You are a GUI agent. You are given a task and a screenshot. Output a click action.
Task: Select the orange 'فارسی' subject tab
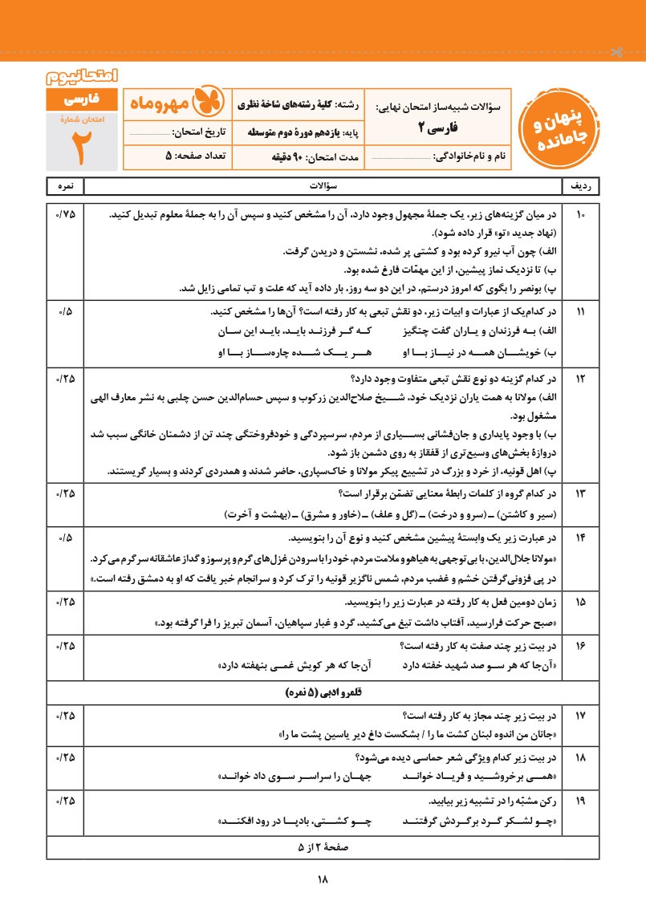tap(81, 101)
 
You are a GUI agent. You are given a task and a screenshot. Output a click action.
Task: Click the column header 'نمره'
tap(65, 186)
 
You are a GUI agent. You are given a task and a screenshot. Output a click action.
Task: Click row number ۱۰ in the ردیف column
tap(582, 216)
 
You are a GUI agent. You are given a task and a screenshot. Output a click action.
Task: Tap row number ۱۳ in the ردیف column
tap(582, 493)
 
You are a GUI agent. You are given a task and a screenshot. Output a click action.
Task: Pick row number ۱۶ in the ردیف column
tap(582, 644)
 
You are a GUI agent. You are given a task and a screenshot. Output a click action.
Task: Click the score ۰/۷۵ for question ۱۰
tap(65, 216)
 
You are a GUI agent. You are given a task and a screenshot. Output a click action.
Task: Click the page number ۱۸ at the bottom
tap(323, 880)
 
